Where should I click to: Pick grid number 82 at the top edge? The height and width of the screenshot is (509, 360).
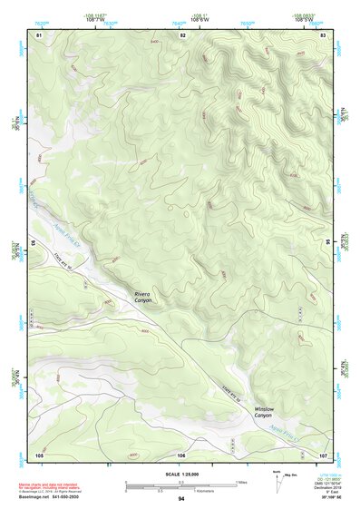click(x=182, y=34)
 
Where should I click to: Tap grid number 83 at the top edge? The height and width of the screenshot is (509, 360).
click(x=324, y=34)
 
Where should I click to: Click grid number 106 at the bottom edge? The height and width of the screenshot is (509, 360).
click(x=181, y=453)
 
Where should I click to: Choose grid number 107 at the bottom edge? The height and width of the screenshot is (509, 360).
click(x=323, y=453)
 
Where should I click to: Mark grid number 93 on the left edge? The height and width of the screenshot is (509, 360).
click(x=34, y=243)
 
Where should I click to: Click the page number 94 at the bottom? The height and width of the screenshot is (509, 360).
click(x=181, y=500)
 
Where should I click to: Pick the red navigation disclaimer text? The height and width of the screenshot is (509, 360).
click(x=49, y=487)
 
